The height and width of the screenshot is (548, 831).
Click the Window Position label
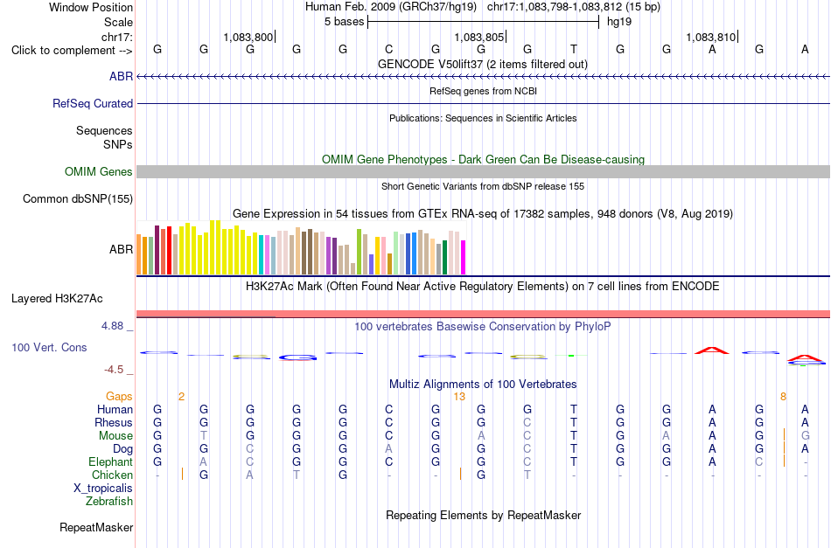click(x=91, y=7)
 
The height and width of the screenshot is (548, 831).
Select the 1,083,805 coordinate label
click(x=478, y=37)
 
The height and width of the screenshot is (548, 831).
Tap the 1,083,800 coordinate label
click(x=248, y=37)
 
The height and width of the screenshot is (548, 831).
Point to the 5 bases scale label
click(x=345, y=22)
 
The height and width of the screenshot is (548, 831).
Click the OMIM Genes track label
click(x=99, y=171)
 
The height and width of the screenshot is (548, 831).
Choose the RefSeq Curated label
click(x=93, y=103)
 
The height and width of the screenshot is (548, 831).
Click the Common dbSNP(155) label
click(x=78, y=199)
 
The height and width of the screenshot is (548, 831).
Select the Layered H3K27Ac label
click(x=57, y=299)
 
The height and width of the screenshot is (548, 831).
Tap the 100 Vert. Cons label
click(x=49, y=347)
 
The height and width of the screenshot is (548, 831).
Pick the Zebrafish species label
click(x=109, y=501)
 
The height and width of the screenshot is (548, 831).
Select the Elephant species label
click(x=110, y=461)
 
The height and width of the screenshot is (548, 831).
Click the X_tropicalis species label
click(x=103, y=489)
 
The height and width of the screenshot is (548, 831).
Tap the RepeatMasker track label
click(x=96, y=527)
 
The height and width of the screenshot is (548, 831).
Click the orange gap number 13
click(x=459, y=397)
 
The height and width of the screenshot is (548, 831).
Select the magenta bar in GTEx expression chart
click(x=464, y=257)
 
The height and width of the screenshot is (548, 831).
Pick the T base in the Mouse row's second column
click(x=204, y=436)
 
